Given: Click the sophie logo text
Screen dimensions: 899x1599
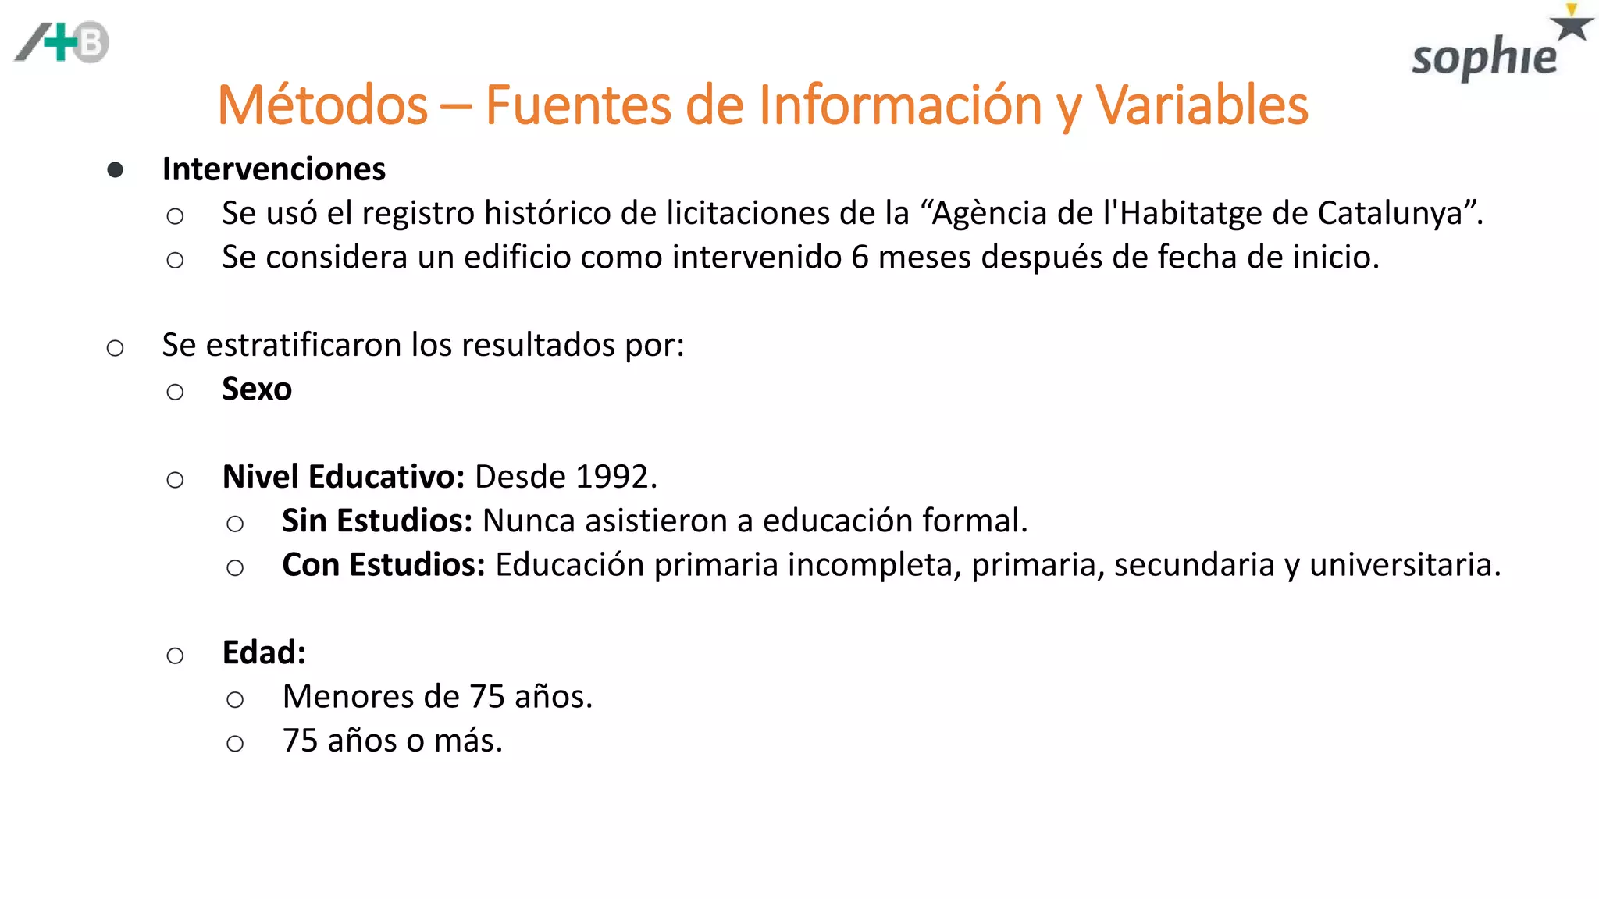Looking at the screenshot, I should (x=1483, y=58).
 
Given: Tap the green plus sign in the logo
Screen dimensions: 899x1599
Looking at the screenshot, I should (x=61, y=42).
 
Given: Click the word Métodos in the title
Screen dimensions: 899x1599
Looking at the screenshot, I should (x=322, y=105).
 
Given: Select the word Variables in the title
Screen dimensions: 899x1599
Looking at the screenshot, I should (x=1202, y=105).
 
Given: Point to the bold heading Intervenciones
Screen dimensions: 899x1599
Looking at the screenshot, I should (x=273, y=169).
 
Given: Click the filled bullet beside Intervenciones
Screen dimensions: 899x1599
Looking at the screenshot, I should (x=116, y=170).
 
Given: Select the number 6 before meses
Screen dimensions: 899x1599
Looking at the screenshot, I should (x=860, y=258).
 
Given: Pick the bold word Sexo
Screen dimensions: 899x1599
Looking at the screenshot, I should (x=257, y=389).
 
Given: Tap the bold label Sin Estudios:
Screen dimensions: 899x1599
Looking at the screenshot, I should (x=377, y=521).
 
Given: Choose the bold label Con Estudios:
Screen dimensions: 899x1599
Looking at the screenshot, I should (x=383, y=565).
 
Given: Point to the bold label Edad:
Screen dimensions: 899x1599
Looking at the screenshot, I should (x=264, y=653).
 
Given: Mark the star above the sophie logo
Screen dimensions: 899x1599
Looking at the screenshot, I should (x=1571, y=25).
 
